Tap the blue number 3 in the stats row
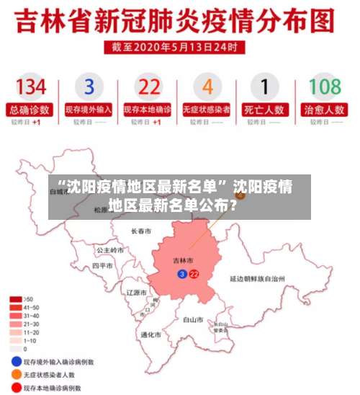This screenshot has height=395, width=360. tap(89, 87)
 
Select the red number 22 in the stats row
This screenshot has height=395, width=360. tap(148, 87)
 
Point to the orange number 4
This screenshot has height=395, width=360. tap(207, 87)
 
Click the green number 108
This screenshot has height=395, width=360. tap(325, 87)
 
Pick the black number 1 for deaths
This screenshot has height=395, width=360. tap(265, 87)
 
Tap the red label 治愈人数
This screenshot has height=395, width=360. tap(325, 110)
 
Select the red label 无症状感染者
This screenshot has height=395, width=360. tap(207, 110)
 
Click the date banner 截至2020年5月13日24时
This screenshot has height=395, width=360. tap(178, 46)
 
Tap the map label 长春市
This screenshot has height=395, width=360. tap(141, 232)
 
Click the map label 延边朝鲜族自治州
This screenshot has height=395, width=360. tap(257, 278)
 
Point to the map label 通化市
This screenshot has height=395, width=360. tap(150, 334)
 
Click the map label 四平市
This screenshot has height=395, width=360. tap(103, 265)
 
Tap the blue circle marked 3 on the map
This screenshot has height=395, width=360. tap(182, 274)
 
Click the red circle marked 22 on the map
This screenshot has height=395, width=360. tap(194, 274)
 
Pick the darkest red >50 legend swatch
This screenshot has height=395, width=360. tap(14, 298)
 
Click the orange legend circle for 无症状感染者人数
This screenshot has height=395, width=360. tap(15, 375)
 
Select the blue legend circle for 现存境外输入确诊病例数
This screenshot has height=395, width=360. tap(15, 360)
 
